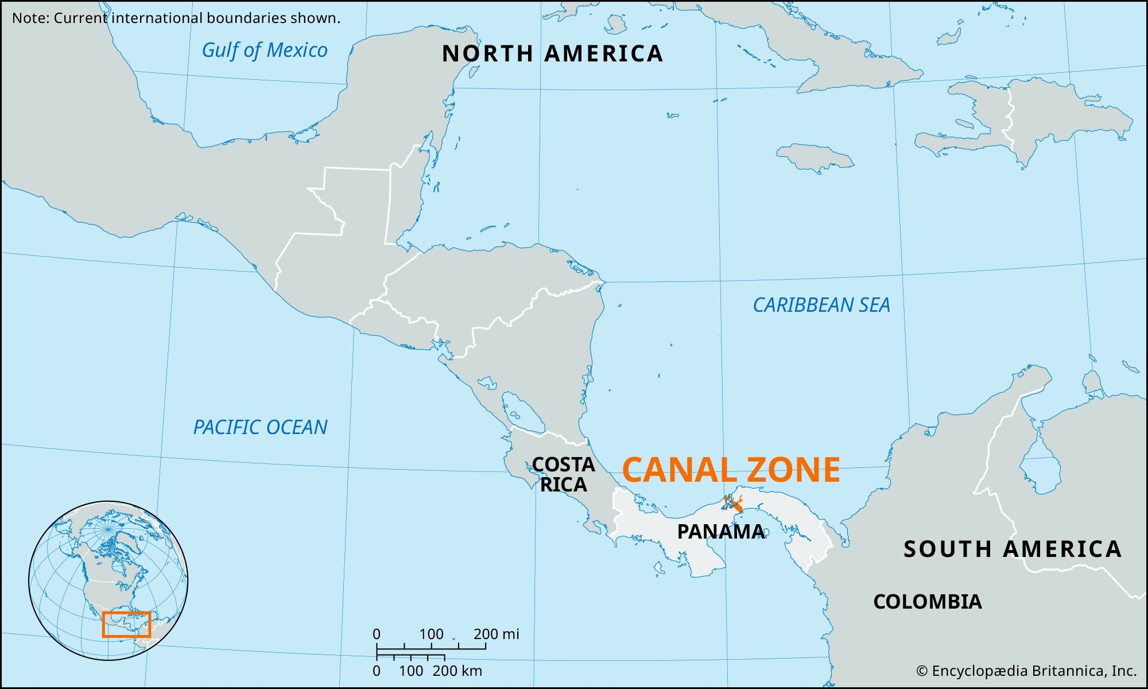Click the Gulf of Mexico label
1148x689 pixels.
click(x=265, y=51)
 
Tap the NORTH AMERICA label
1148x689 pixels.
click(x=552, y=54)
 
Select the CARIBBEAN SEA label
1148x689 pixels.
click(x=821, y=305)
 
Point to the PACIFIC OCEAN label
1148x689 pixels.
click(x=260, y=427)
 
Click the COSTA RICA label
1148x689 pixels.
click(x=563, y=474)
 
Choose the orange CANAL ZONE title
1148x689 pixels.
click(x=731, y=470)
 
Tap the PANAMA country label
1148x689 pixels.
click(x=720, y=532)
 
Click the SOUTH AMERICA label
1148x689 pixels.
click(x=1013, y=549)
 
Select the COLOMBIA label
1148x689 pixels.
click(x=928, y=602)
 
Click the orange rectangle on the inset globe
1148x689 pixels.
click(x=126, y=624)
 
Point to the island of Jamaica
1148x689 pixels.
click(x=815, y=157)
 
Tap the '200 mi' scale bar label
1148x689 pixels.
click(x=496, y=634)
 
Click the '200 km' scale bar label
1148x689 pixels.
click(x=457, y=671)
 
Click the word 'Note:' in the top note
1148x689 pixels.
click(x=31, y=18)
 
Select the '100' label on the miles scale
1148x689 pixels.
click(x=431, y=634)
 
